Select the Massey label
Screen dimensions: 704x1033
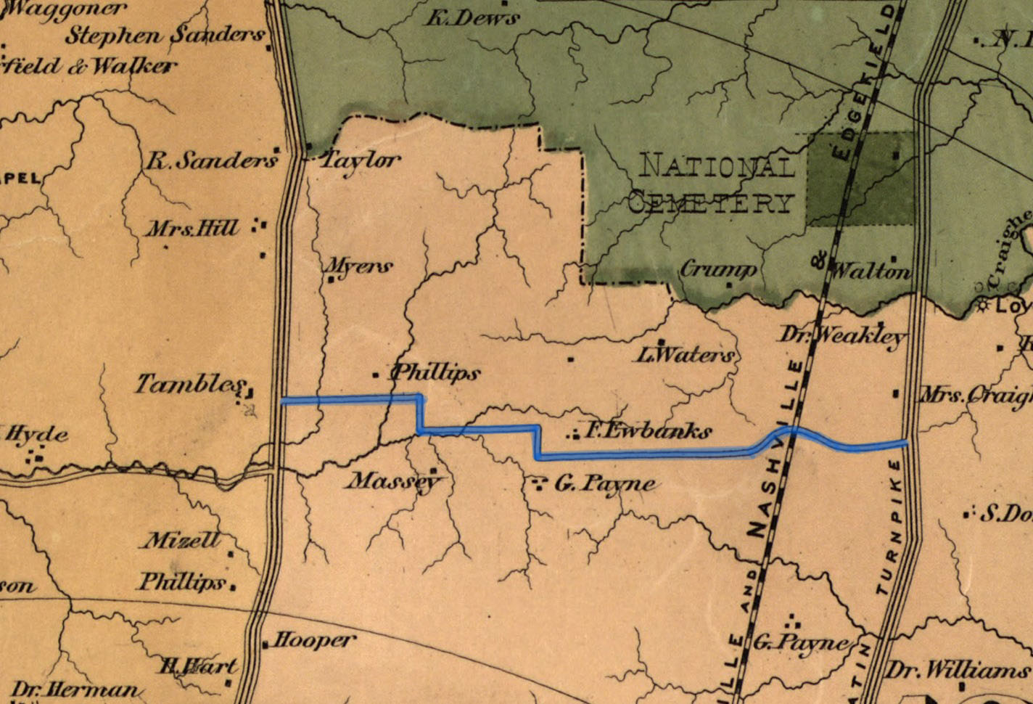coord(392,481)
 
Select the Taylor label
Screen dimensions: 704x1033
coord(361,160)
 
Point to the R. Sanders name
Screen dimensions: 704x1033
coord(211,160)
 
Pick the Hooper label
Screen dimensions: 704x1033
coord(314,640)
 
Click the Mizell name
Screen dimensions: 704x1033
coord(182,540)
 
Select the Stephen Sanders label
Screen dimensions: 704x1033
coord(165,35)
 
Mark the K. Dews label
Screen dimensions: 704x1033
coord(472,17)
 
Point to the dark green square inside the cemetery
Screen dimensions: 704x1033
coord(861,179)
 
